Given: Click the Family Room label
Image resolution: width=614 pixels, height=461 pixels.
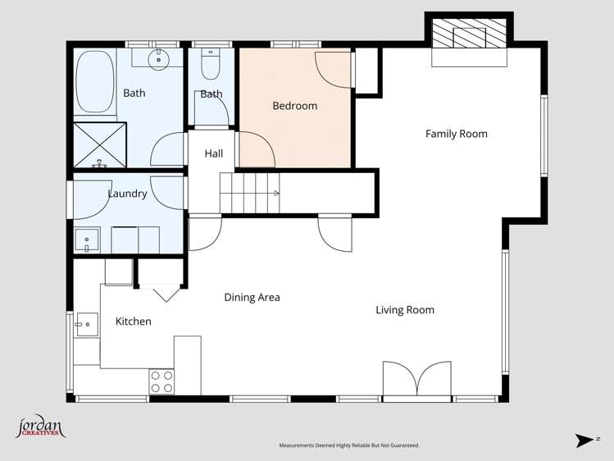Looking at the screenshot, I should [456, 134].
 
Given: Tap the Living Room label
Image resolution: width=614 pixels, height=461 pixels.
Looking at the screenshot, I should [405, 310].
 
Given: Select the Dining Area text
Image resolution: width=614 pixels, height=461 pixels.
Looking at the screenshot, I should [252, 297].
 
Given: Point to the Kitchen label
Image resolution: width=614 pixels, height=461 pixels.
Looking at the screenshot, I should [133, 322].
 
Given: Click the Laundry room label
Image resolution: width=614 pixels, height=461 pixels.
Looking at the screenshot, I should [127, 194].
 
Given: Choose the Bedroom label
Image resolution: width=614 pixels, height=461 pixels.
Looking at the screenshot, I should [294, 106].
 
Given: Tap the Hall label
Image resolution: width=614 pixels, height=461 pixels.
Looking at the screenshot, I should [213, 153].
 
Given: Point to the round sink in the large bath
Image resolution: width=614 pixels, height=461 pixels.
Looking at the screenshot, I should [158, 58].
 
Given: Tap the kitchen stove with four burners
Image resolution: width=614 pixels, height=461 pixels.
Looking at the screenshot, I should [161, 381].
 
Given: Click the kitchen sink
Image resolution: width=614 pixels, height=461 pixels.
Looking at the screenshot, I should [84, 325].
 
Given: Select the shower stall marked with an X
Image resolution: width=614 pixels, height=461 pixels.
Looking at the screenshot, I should [101, 145].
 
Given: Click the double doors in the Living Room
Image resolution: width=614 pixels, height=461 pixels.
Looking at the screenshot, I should [417, 381].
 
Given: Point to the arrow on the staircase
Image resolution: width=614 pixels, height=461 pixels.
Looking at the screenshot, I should [276, 194].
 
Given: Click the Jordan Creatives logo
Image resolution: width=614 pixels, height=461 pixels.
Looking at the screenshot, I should [39, 428].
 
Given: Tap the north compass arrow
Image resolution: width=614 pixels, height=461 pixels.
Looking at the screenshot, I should [585, 440].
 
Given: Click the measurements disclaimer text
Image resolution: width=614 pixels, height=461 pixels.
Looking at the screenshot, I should [349, 445].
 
